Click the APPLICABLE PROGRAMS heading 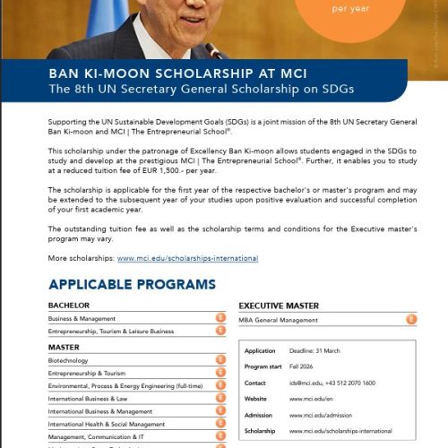132,285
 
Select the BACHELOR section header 69,306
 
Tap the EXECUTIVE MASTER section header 279,306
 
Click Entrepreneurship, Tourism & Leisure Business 111,332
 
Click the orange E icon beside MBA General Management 411,318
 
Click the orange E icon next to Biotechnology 220,360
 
